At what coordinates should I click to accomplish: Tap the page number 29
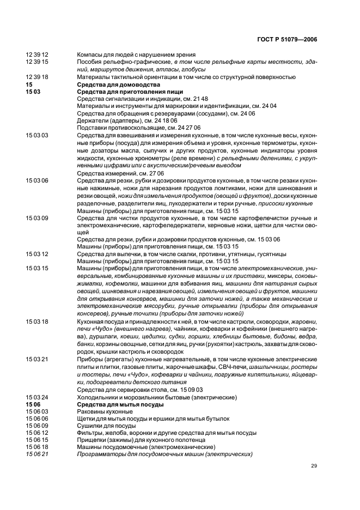coord(314,466)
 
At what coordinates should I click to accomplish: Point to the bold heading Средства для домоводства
coord(118,85)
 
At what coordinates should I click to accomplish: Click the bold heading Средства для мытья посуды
coord(119,405)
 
